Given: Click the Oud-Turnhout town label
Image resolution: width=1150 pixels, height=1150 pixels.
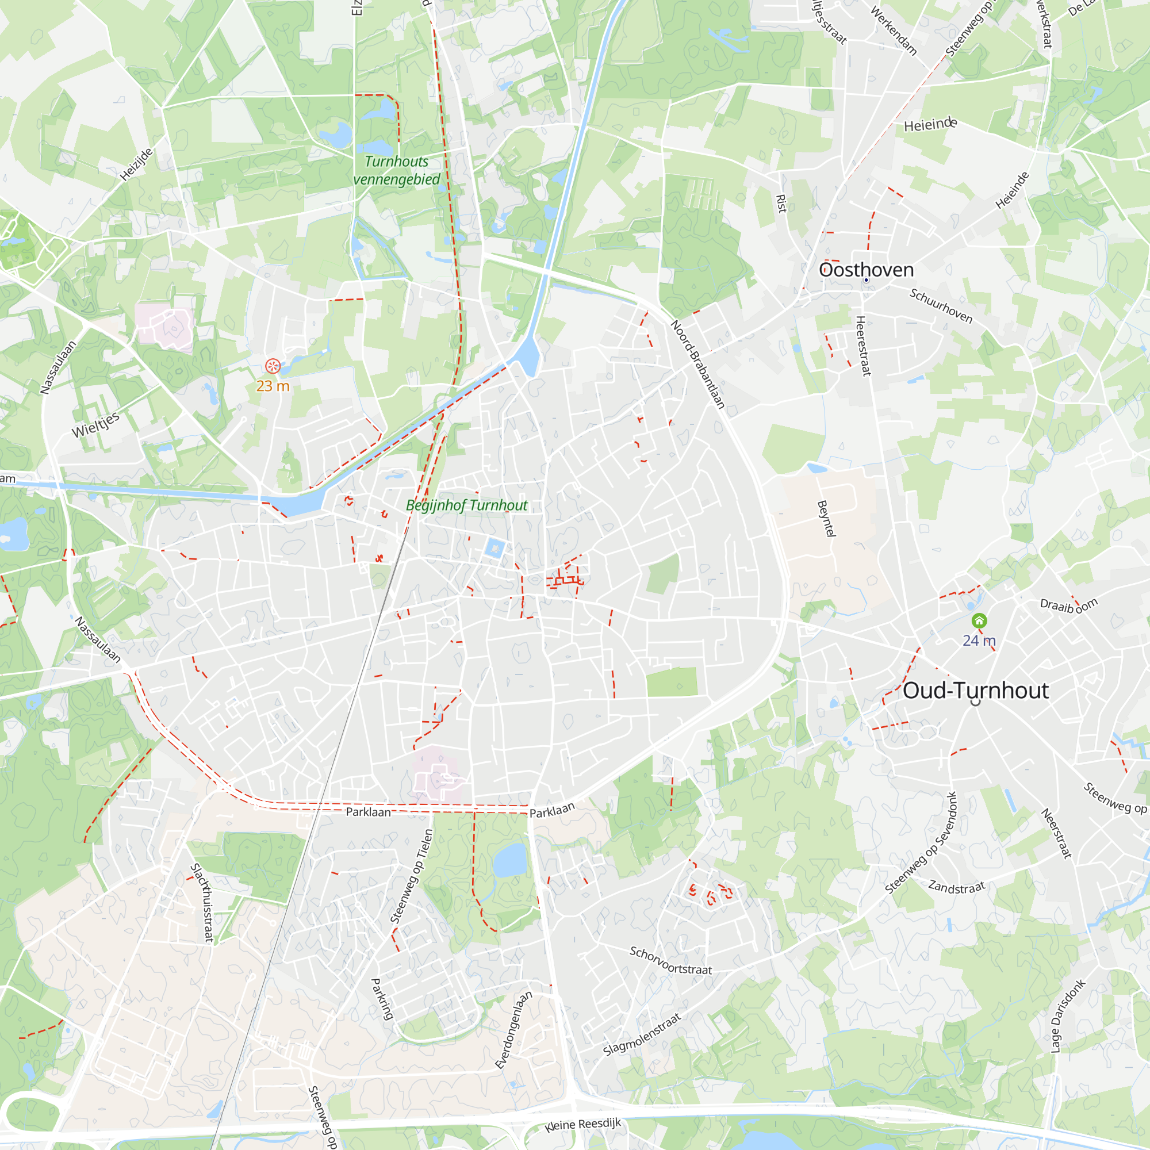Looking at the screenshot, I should (x=976, y=691).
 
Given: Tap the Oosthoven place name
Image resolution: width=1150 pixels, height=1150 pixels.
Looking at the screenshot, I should (x=866, y=270).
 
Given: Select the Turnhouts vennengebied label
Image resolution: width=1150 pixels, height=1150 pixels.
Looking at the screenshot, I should (x=396, y=170).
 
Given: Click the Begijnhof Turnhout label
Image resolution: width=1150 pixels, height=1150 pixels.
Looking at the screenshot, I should (x=467, y=505).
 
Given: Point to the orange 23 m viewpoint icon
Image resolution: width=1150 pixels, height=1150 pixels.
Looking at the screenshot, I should (x=273, y=366).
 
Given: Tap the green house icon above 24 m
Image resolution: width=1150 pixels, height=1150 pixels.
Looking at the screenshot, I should (x=979, y=622).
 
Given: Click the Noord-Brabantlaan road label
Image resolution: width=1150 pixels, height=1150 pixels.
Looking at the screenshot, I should (x=697, y=365).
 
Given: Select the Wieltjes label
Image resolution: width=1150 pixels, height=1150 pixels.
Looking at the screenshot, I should (x=96, y=424).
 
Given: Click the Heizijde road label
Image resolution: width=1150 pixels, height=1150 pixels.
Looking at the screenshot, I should (x=136, y=164).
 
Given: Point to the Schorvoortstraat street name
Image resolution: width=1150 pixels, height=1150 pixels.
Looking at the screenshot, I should (x=670, y=961).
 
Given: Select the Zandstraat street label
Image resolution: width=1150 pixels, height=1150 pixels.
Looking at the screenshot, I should (x=957, y=887).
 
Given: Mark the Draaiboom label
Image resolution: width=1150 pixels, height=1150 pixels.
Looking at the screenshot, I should (x=1068, y=606).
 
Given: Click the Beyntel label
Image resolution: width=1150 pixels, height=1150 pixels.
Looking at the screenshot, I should (x=826, y=519).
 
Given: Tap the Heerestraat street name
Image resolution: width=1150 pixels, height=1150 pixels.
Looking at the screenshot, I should (x=862, y=346).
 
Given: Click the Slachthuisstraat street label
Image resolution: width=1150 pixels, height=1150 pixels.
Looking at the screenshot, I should (x=202, y=902).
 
